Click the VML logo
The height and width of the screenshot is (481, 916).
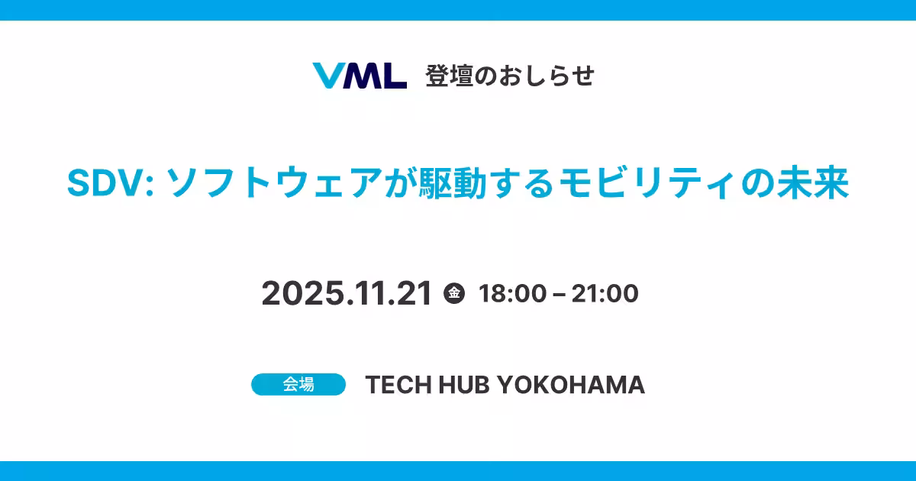coord(360,76)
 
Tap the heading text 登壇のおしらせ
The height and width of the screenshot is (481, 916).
coord(510,76)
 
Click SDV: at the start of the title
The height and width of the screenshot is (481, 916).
coord(111,183)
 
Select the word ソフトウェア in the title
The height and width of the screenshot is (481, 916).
coord(274,183)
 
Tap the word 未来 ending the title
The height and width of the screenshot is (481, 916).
coord(813,183)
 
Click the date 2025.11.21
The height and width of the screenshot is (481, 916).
coord(347,293)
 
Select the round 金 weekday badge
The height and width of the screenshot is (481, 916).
coord(454,293)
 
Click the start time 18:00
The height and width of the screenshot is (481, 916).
coord(512,293)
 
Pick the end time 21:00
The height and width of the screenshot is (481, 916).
coord(605,293)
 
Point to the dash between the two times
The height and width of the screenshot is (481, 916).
coord(559,295)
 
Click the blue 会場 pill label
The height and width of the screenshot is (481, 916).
coord(298,385)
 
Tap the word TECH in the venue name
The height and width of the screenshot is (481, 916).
coord(398,385)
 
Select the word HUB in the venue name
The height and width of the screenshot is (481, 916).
coord(464,385)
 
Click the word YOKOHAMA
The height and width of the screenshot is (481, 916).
coord(571,385)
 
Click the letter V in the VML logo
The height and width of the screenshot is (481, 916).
coord(329,76)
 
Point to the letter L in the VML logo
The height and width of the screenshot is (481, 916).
coord(394,76)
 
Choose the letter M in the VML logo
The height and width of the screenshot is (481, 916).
coord(362,76)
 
